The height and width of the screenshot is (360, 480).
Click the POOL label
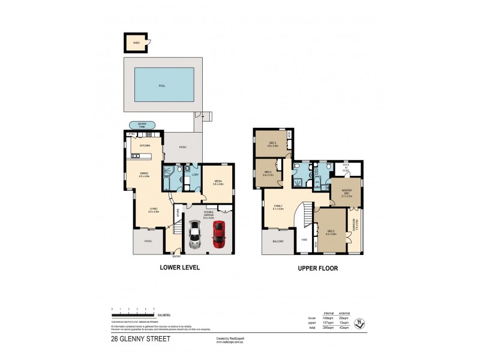[162, 86]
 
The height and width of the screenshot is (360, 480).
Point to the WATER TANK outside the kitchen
[142, 124]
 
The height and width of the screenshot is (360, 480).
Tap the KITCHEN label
[145, 145]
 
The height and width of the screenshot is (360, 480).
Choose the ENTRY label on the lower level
[176, 257]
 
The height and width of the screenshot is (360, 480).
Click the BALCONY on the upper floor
[277, 241]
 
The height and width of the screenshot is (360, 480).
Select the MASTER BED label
[346, 191]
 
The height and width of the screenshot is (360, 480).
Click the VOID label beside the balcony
[304, 240]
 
